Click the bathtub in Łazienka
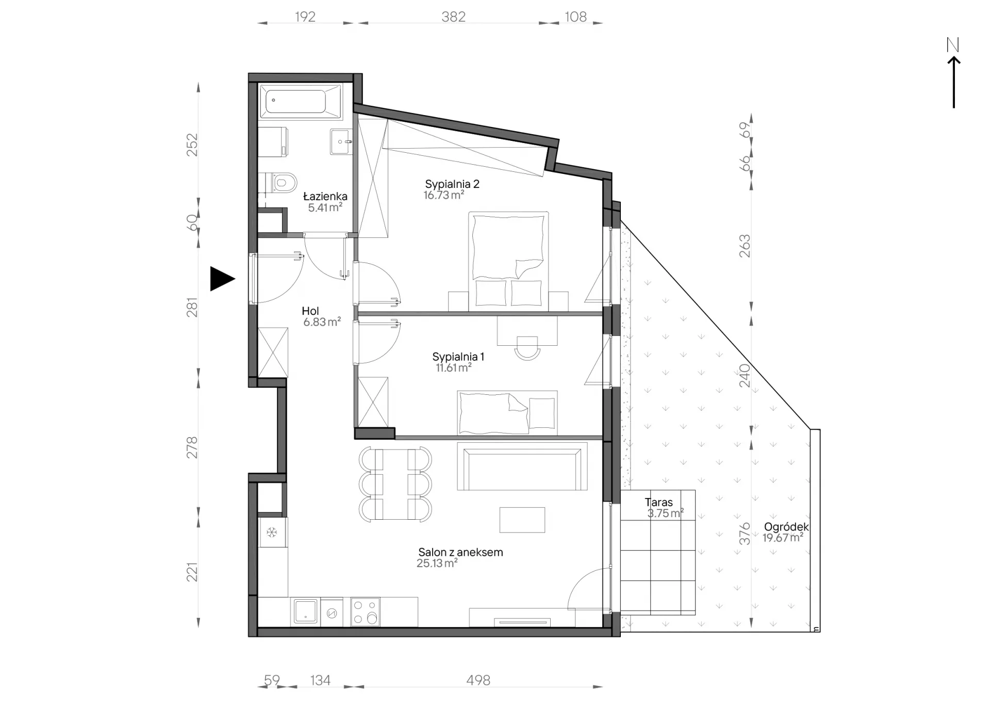tap(300, 101)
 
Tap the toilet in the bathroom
tap(282, 182)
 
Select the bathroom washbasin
tap(341, 141)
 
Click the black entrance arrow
tap(222, 279)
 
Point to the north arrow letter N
tap(953, 45)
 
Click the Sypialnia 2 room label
tap(452, 184)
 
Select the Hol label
tap(310, 311)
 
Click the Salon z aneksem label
tap(460, 552)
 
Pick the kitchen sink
tap(305, 612)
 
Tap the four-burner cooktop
tap(365, 612)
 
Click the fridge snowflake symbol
tap(272, 532)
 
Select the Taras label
tap(658, 502)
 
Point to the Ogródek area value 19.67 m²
tap(783, 538)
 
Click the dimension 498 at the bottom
tap(478, 680)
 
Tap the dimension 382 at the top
tap(454, 17)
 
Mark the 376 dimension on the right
tap(745, 534)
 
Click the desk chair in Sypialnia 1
tap(527, 348)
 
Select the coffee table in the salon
tap(522, 520)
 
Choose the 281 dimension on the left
tap(192, 307)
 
